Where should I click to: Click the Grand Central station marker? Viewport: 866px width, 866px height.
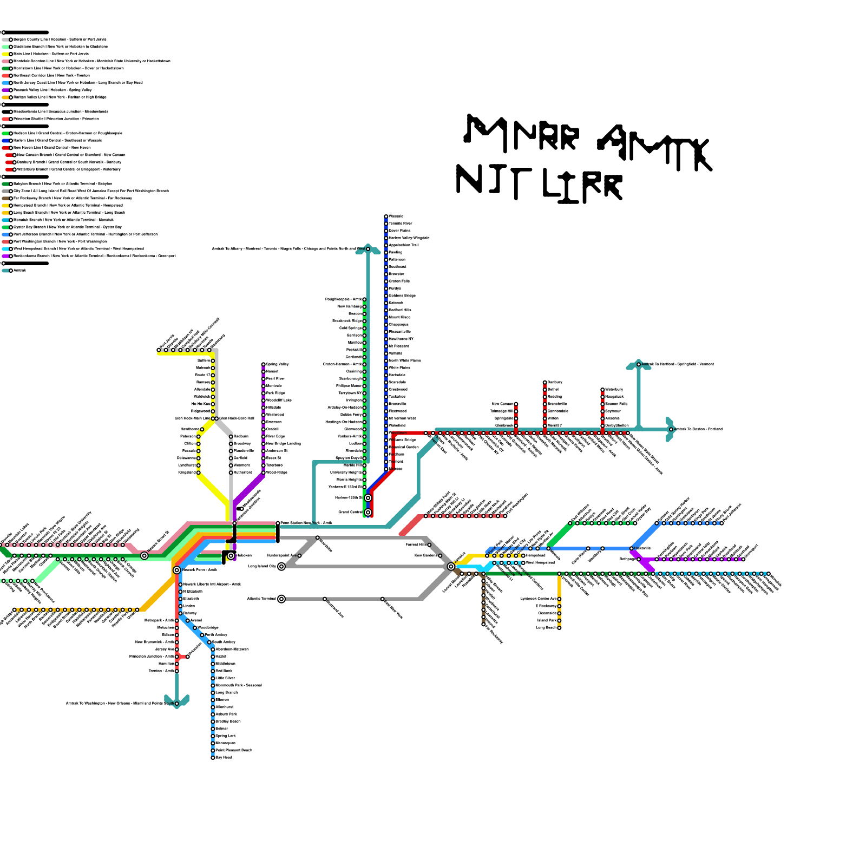pos(368,512)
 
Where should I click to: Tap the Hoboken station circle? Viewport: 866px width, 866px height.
pos(231,555)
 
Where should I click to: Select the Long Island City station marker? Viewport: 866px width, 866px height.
pos(281,566)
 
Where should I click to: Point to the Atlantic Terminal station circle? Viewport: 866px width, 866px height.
pos(281,599)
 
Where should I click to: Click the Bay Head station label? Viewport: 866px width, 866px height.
pos(224,757)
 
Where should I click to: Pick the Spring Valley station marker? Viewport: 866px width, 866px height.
pos(264,364)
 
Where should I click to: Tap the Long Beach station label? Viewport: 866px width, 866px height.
pos(546,628)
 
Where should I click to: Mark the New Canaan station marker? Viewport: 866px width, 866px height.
pos(516,404)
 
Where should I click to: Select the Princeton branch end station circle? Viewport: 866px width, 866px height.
pos(188,657)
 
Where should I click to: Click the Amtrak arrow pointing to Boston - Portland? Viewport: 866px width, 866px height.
pos(670,429)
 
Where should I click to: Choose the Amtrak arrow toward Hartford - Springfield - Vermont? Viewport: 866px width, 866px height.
pos(639,364)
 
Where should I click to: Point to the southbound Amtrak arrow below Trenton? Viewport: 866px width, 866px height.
pos(177,702)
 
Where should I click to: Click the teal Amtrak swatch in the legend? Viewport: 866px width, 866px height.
pos(6,271)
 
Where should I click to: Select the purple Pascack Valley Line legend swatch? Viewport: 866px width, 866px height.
pos(6,90)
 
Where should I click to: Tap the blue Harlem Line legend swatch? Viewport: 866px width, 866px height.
pos(6,141)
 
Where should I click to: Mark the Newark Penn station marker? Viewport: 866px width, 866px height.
pos(177,570)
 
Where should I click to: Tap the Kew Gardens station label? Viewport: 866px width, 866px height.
pos(425,555)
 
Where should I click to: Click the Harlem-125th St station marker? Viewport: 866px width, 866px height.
pos(368,497)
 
